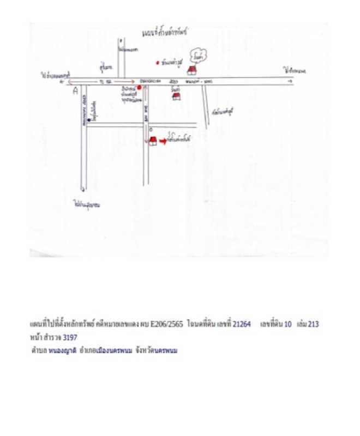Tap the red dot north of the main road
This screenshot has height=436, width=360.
[x=158, y=63]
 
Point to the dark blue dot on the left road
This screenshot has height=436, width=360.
[x=89, y=120]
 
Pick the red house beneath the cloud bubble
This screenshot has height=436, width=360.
[x=191, y=70]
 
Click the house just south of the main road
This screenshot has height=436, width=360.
[x=176, y=96]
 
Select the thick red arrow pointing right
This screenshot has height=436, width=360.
[x=163, y=141]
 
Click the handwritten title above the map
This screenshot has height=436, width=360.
[x=163, y=33]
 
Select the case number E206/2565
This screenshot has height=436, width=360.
[x=164, y=324]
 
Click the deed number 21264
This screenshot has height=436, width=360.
[x=242, y=324]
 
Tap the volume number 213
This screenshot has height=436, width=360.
[x=313, y=324]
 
